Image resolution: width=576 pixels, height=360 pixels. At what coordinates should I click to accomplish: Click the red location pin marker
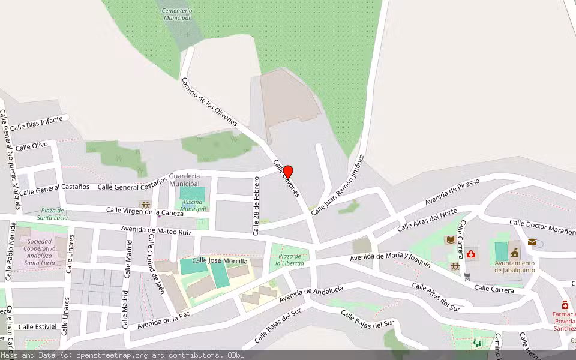287,173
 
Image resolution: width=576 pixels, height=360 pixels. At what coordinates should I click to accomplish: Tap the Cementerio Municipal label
178,14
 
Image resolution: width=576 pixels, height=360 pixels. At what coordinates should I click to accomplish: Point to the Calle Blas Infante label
37,123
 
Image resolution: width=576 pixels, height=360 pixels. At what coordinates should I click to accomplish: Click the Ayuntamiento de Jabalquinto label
514,266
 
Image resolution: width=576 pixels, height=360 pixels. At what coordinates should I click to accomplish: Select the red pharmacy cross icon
565,305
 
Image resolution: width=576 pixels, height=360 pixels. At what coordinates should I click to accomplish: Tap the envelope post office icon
532,241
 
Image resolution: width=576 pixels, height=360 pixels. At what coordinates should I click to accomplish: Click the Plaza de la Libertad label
290,259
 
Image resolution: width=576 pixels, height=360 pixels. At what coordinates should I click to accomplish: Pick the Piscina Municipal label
193,205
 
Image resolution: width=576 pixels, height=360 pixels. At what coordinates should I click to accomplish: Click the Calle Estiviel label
37,327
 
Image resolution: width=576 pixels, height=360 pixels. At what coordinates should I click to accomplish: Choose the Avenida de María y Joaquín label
391,260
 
